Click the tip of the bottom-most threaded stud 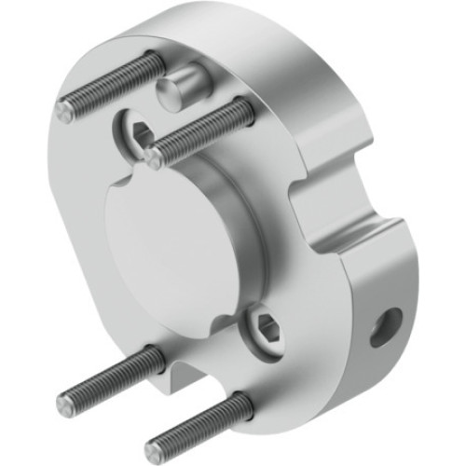click(x=156, y=437)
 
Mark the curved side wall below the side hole click(x=373, y=373)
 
